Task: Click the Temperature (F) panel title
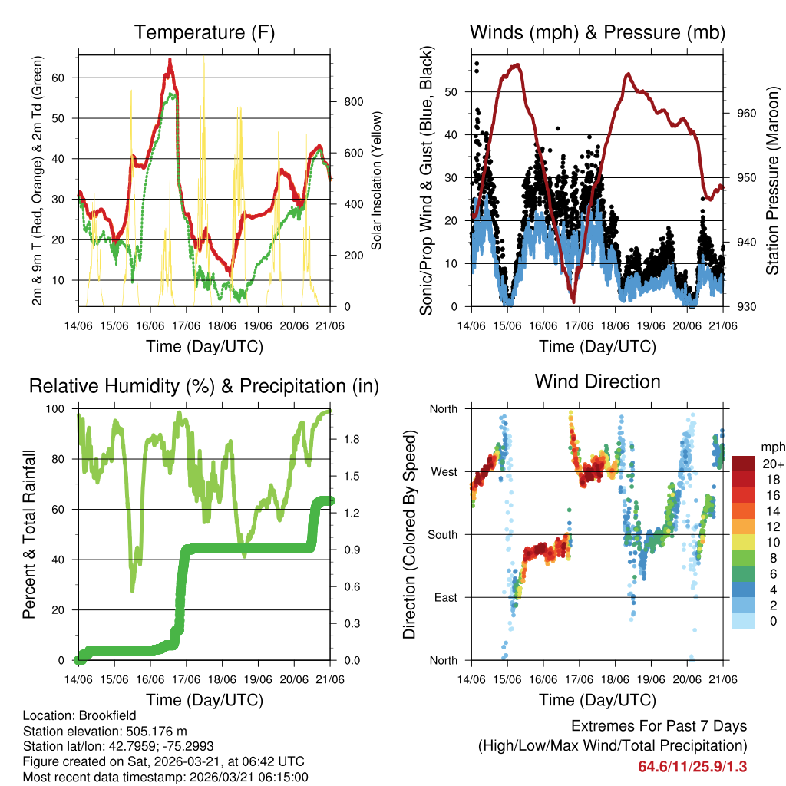pos(204,32)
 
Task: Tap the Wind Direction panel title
pos(597,381)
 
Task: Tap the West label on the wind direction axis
pos(443,471)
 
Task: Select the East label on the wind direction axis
pos(444,597)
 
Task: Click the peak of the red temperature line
pos(170,59)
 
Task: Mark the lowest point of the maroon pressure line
pos(573,301)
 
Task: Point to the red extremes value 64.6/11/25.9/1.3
pos(692,766)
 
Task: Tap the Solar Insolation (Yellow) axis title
pos(376,180)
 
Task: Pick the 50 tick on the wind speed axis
pos(454,92)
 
